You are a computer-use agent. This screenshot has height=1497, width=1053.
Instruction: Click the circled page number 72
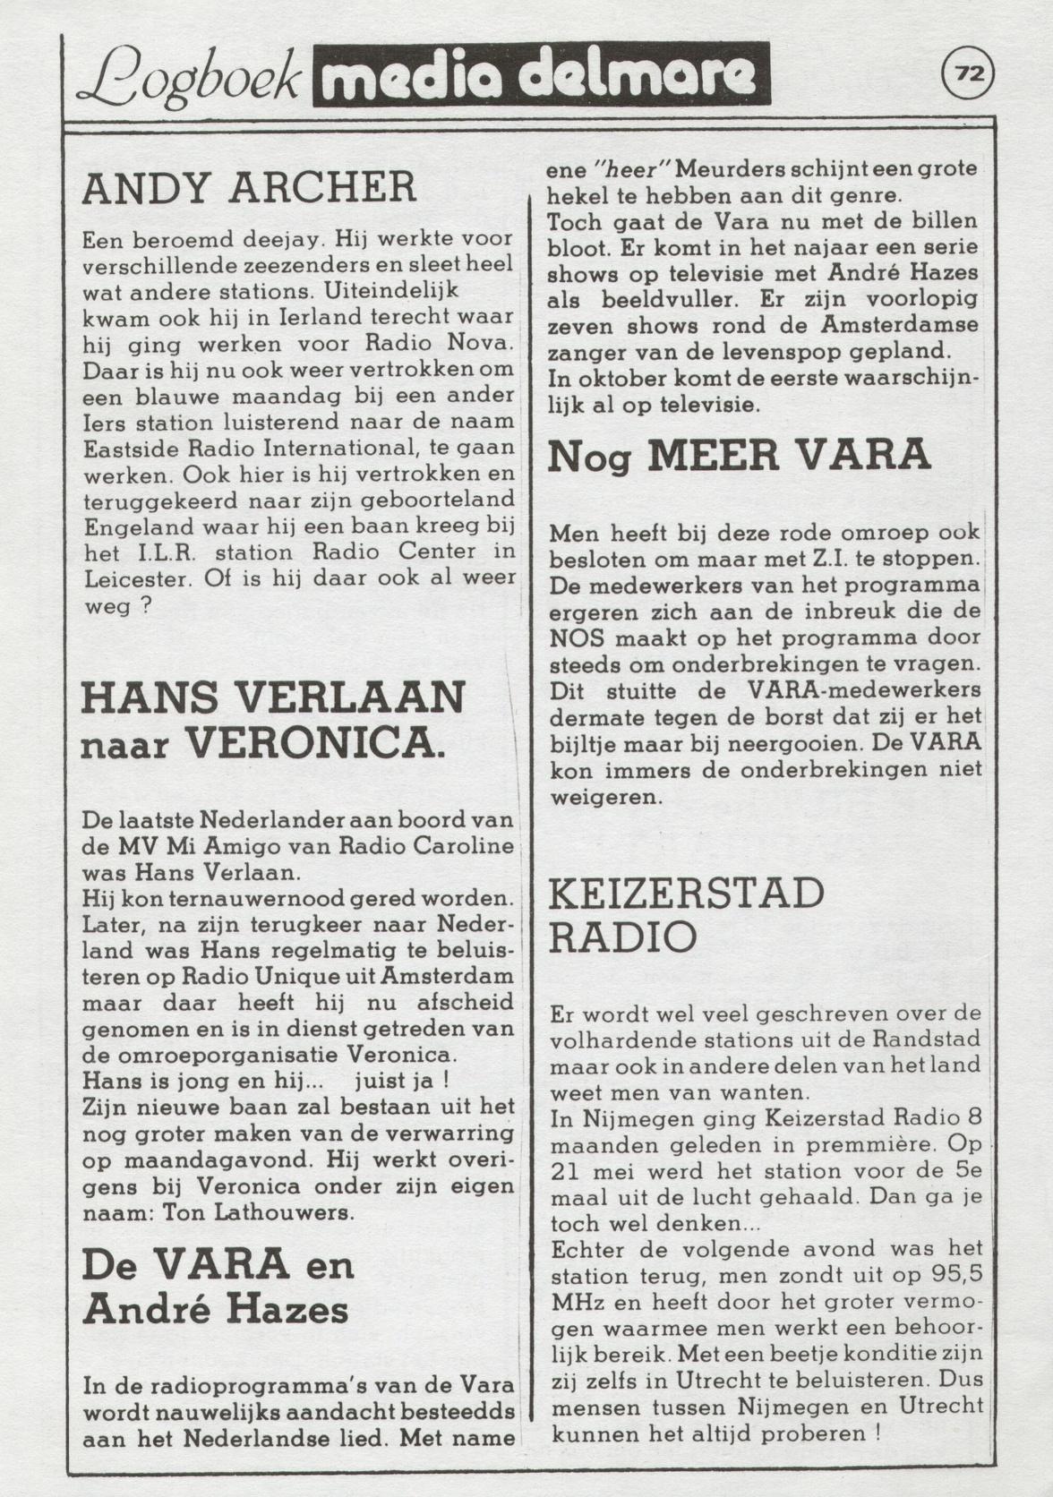point(968,74)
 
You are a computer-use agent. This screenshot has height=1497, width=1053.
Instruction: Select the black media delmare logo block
point(541,75)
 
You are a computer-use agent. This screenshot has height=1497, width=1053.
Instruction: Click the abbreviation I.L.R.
point(167,552)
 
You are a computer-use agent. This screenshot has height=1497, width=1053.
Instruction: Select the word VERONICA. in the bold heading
point(314,743)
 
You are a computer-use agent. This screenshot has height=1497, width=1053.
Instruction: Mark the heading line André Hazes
point(215,1309)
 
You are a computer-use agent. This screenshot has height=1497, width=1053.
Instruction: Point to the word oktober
point(617,379)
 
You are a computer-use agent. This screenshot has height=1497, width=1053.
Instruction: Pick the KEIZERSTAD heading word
point(686,894)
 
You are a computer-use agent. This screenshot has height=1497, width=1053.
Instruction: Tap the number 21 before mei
point(567,1172)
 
